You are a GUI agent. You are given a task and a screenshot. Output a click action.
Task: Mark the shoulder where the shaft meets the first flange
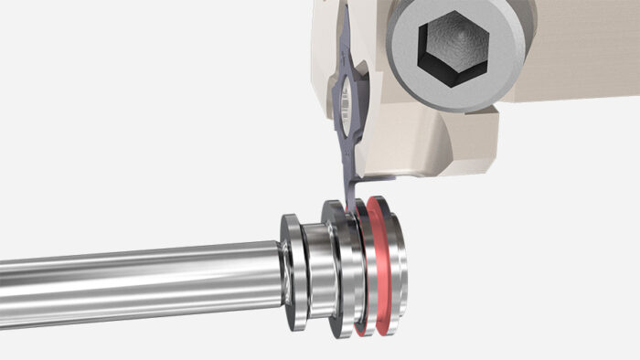280,265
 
